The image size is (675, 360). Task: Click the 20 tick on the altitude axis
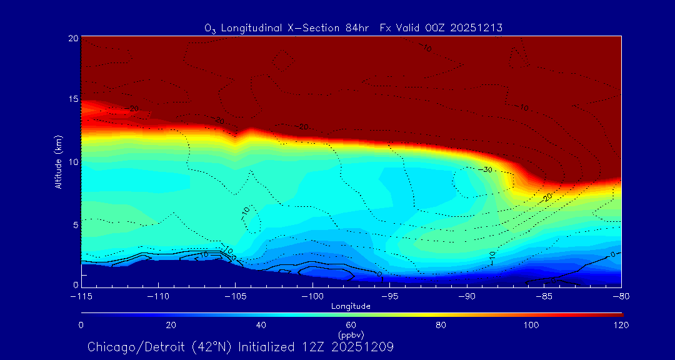[72, 38]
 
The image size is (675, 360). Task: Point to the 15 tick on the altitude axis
[72, 99]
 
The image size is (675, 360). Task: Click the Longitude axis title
[351, 306]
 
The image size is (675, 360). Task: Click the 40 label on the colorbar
[261, 325]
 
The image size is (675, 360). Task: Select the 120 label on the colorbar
[621, 325]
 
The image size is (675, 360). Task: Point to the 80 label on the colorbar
[441, 325]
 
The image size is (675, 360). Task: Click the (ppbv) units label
[351, 334]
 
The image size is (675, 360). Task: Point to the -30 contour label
[486, 170]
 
